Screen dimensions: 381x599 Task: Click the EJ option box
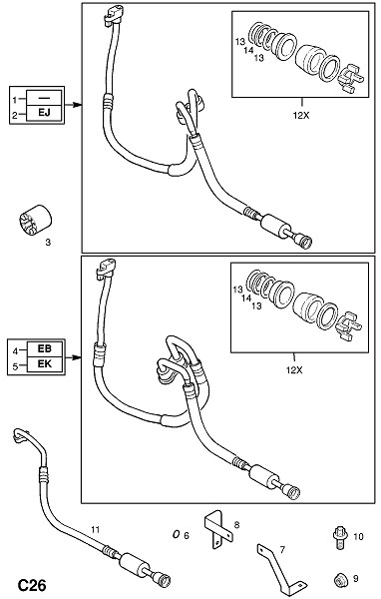point(44,113)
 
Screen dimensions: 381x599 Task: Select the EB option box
point(44,348)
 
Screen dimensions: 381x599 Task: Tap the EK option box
point(44,364)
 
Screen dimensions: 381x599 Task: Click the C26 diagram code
point(33,585)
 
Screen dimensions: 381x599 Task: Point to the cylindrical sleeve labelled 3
point(35,220)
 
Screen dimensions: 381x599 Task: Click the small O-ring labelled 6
point(176,534)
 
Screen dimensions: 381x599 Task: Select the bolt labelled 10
point(339,538)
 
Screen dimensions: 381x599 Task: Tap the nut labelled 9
point(339,581)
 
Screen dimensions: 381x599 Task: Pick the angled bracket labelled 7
point(280,571)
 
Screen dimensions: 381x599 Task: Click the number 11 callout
point(95,529)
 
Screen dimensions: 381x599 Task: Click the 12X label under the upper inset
point(301,115)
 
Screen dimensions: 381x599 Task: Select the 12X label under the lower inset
point(294,370)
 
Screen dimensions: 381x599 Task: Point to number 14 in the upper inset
point(249,50)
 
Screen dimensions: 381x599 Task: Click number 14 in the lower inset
point(246,299)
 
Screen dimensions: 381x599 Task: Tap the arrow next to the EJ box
point(73,104)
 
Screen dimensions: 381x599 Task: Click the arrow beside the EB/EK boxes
point(73,357)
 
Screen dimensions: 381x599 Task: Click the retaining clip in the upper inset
point(352,79)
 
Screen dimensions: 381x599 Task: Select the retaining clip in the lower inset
point(348,325)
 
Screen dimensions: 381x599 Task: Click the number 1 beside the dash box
point(15,100)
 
